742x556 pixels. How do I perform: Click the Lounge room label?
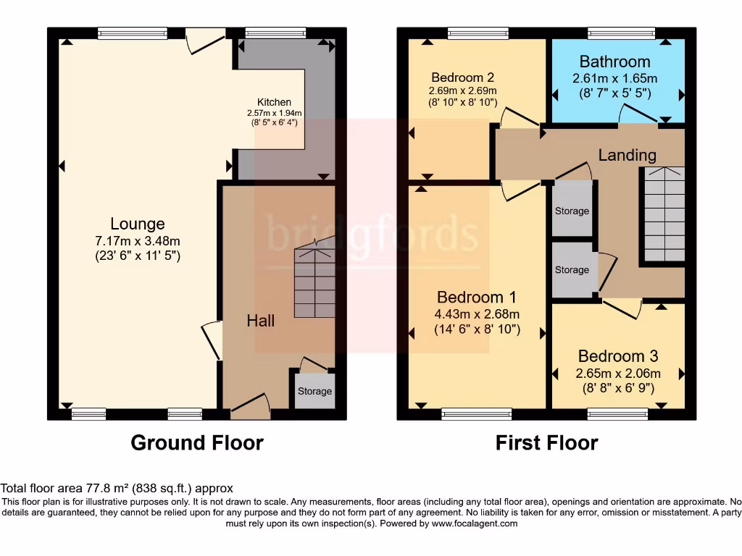pos(138,224)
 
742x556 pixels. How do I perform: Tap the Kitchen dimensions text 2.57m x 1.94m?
pos(275,113)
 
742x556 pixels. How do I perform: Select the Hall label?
pos(261,320)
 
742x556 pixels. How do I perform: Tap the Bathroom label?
pos(614,62)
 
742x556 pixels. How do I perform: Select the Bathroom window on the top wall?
pos(621,33)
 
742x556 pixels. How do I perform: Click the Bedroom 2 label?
pos(462,77)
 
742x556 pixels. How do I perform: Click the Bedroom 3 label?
pos(617,356)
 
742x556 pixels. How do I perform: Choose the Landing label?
pos(627,155)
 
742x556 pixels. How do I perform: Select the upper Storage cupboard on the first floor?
pos(572,211)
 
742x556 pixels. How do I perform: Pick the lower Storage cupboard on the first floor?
pos(572,269)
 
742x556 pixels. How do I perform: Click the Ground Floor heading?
pos(197,442)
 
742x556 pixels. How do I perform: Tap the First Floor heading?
pos(547,442)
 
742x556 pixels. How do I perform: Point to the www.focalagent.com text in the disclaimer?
pos(474,523)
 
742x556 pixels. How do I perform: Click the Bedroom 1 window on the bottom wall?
pos(476,414)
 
